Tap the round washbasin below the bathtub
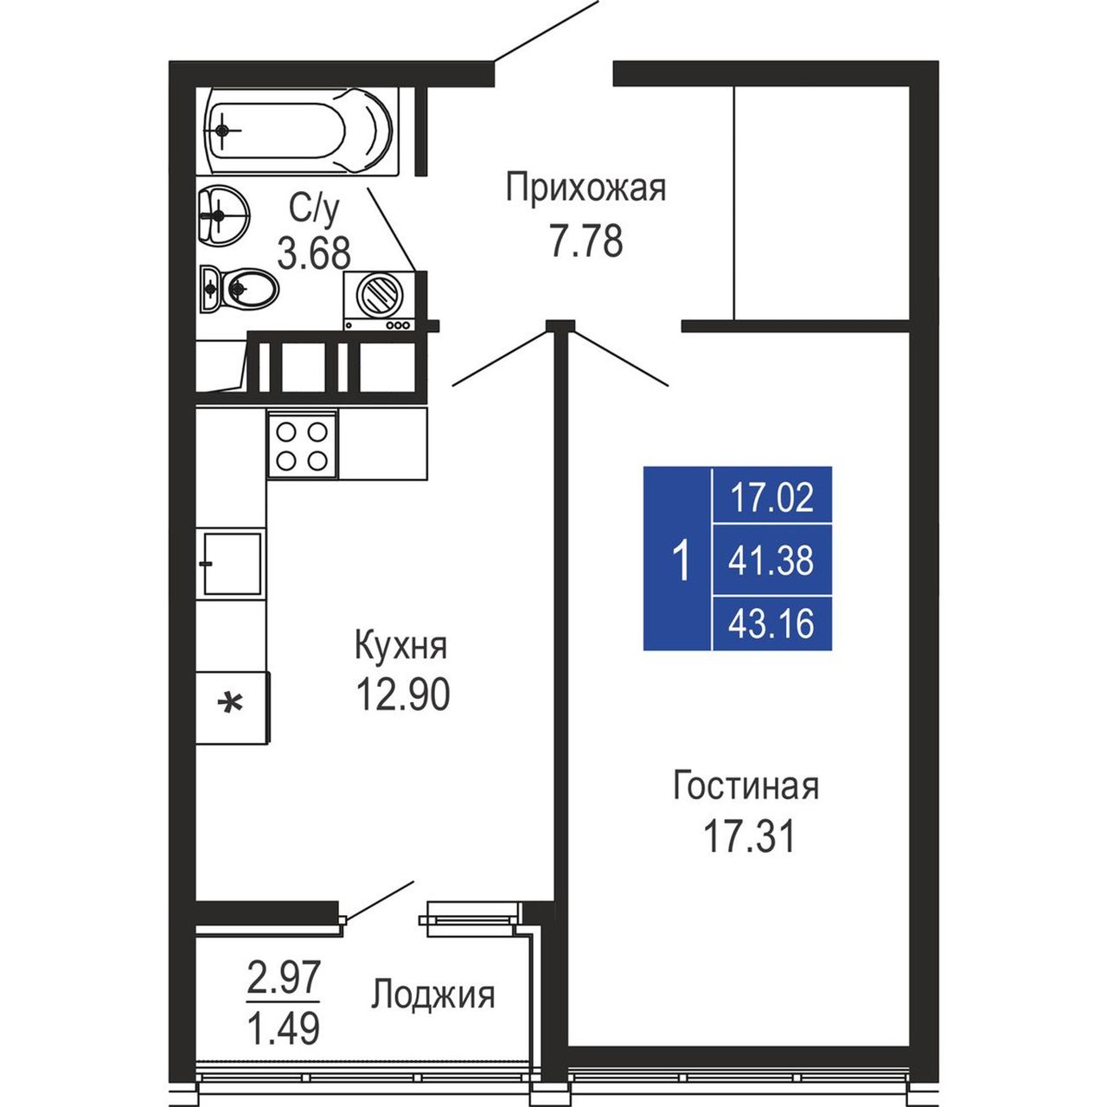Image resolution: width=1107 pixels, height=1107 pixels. pos(223,214)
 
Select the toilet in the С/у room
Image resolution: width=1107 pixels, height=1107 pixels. pos(239,288)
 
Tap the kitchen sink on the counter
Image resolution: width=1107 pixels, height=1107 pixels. pos(232,563)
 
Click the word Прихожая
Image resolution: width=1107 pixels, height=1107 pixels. pos(586,189)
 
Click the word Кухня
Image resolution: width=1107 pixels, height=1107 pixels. pos(401,645)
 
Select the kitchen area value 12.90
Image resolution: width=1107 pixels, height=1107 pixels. pos(403,694)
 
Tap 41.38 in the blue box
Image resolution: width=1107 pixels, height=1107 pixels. pos(771,560)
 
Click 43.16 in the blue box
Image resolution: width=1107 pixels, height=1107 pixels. pos(771,624)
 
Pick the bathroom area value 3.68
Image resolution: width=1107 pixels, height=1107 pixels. pos(314,253)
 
